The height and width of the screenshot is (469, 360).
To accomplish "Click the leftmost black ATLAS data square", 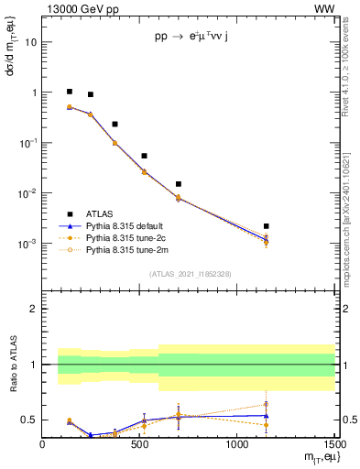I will tap(70, 92).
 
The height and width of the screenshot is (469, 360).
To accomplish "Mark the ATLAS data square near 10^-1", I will tap(115, 124).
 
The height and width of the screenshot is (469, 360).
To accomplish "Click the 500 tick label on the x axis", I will tap(139, 444).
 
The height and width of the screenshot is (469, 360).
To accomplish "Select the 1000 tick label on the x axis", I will tap(236, 444).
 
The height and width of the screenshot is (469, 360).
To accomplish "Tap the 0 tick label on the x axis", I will tap(42, 444).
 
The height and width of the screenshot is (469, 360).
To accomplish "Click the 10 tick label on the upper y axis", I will tap(30, 42).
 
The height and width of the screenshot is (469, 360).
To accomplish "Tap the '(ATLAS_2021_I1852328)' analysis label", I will tap(190, 274).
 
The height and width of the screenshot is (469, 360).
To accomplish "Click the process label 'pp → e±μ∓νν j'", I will tap(191, 37).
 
